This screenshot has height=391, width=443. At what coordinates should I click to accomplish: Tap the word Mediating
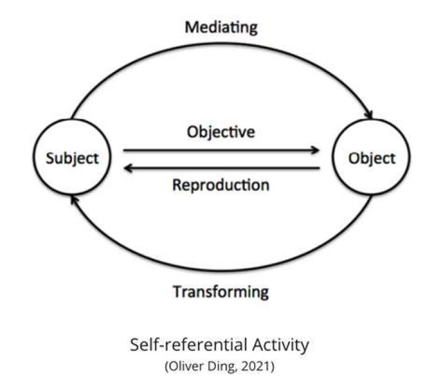(221, 28)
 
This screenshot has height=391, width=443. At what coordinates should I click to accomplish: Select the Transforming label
(221, 292)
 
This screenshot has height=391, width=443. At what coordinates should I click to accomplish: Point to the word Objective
(221, 132)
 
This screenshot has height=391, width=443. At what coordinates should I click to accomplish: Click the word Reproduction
(221, 185)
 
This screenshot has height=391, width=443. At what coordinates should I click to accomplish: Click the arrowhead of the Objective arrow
(315, 150)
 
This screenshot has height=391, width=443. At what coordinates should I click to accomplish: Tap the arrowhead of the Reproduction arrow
(129, 168)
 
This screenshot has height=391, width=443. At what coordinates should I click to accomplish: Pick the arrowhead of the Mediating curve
(369, 115)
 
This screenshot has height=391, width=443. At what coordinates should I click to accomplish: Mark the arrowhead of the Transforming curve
(74, 200)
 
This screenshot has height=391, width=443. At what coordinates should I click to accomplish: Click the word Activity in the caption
(281, 345)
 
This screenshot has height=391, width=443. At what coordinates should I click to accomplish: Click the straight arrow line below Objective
(221, 150)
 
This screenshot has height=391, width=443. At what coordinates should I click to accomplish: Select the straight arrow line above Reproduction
(221, 168)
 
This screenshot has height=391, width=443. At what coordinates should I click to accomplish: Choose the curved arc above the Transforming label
(221, 270)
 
